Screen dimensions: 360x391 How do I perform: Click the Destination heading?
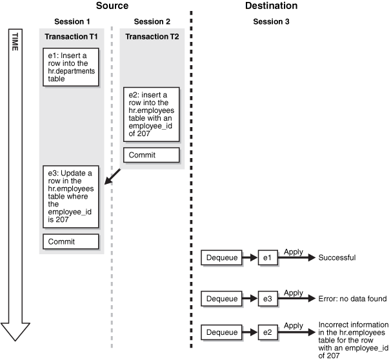point(271,6)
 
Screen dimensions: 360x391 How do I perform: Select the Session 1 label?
point(72,22)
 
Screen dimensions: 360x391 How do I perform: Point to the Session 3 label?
point(271,22)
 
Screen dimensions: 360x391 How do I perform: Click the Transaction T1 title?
point(72,36)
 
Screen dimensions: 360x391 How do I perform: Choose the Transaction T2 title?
point(152,36)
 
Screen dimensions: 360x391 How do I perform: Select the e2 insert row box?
point(152,116)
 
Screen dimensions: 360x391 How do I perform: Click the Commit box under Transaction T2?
point(152,155)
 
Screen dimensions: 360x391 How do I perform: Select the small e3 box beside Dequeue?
point(268,299)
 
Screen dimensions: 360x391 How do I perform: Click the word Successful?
point(337,258)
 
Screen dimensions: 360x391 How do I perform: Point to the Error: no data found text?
point(352,299)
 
